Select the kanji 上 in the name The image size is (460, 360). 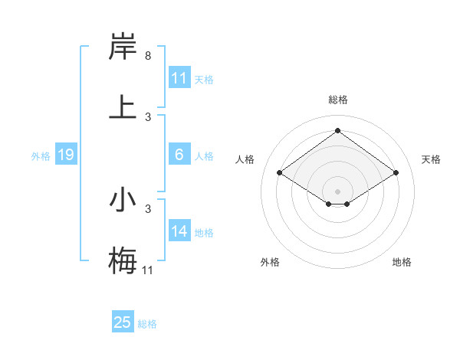pos(123,106)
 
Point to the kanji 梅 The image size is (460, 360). pos(123,260)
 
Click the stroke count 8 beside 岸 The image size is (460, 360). pos(147,56)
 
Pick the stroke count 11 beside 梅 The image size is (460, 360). pos(148,270)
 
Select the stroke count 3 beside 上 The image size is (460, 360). pos(147,116)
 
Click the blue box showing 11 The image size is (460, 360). pos(179,78)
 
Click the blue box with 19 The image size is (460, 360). pos(65,155)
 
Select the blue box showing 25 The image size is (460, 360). pos(123,322)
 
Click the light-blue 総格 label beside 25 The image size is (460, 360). pos(147,324)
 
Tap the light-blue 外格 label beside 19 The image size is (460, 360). pos(40,156)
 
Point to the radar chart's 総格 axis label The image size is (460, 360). pos(337,100)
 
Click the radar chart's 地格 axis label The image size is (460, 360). pos(402,262)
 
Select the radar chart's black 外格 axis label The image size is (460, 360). pos(270,262)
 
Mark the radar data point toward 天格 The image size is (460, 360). pos(396,173)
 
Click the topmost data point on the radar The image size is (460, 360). pos(337,131)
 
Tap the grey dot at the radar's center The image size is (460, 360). pos(337,191)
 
